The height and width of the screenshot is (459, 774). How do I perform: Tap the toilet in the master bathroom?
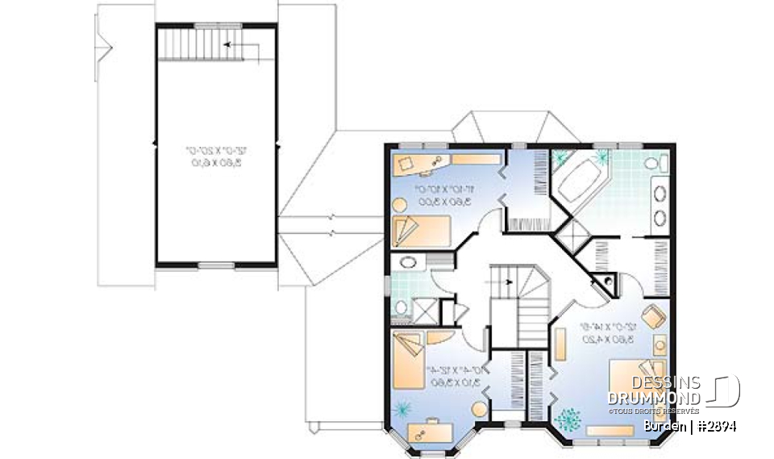[x=651, y=165]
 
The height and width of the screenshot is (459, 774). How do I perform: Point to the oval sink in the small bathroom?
[x=408, y=262]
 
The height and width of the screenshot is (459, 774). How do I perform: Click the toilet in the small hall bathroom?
[x=400, y=306]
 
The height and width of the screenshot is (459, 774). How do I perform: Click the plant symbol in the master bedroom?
[x=569, y=419]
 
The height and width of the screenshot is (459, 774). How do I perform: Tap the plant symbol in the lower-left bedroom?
[x=401, y=409]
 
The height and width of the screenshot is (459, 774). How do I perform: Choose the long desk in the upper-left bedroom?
[x=443, y=161]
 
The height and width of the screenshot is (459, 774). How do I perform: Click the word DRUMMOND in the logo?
[x=654, y=398]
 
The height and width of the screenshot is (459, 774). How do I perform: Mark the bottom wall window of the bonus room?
[x=216, y=265]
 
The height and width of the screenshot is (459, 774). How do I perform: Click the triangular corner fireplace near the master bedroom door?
[x=604, y=282]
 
